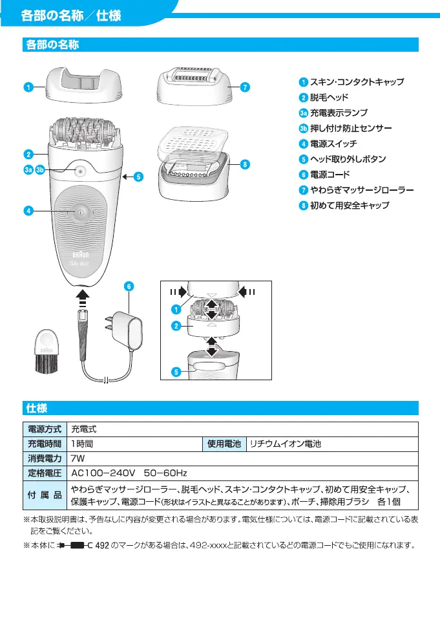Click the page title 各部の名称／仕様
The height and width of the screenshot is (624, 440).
[70, 16]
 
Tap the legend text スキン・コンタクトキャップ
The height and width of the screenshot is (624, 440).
[357, 82]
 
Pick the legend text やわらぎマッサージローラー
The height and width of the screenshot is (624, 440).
[361, 190]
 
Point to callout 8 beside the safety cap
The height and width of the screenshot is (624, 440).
[245, 164]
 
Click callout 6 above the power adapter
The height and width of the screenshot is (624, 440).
[129, 286]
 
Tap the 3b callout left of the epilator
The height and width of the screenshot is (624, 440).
[41, 170]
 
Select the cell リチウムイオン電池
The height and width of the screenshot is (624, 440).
[285, 444]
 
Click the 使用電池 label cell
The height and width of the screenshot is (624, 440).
[224, 444]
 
